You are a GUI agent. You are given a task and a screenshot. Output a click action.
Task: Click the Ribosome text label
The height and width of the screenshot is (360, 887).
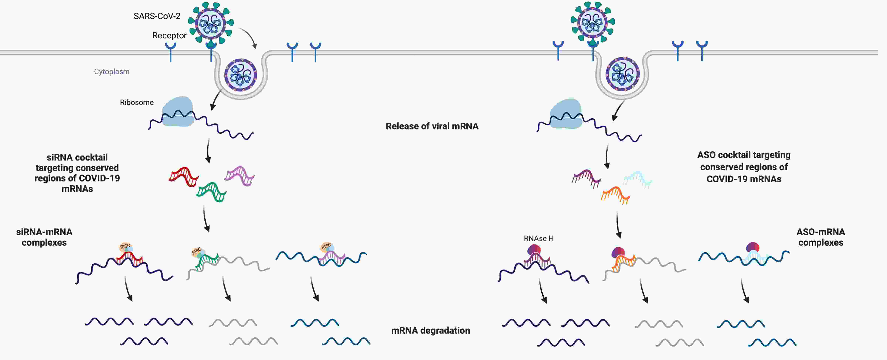point(137,102)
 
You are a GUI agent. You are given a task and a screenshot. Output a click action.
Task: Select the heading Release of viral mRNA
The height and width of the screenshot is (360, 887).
point(432,126)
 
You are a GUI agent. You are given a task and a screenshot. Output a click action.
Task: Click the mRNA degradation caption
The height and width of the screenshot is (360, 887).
point(430,330)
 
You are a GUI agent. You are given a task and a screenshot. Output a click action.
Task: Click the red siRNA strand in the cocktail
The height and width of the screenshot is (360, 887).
point(183,176)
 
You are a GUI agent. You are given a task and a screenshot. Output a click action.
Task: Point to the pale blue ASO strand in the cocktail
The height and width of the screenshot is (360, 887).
point(637,179)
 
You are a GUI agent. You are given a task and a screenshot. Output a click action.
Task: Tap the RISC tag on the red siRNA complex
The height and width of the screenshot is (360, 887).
point(125,246)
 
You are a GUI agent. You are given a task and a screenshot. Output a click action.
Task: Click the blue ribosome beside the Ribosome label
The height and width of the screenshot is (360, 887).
point(178,111)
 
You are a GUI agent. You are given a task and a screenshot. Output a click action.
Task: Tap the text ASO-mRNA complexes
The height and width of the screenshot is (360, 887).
point(820,237)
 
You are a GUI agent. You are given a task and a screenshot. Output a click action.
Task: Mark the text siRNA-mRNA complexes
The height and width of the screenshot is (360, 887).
point(44,237)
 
